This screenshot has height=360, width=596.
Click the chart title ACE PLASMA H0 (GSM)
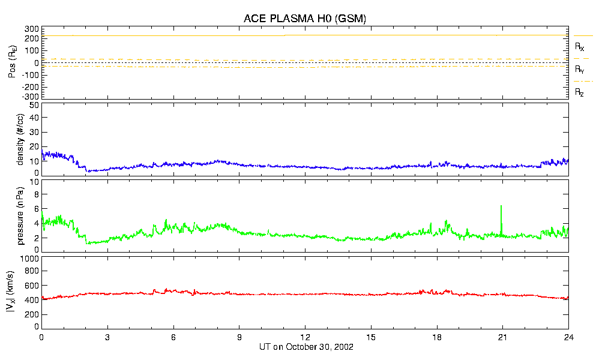pos(304,19)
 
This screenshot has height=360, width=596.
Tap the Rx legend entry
pos(579,46)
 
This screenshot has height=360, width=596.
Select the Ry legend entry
pos(579,70)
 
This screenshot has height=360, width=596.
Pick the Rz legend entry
pos(579,92)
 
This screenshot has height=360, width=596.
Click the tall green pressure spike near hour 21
pos(501,207)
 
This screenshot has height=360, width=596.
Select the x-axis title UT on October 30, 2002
pos(305,347)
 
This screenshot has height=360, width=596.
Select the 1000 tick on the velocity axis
pos(29,259)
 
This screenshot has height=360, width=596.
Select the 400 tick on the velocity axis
pos(31,300)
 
